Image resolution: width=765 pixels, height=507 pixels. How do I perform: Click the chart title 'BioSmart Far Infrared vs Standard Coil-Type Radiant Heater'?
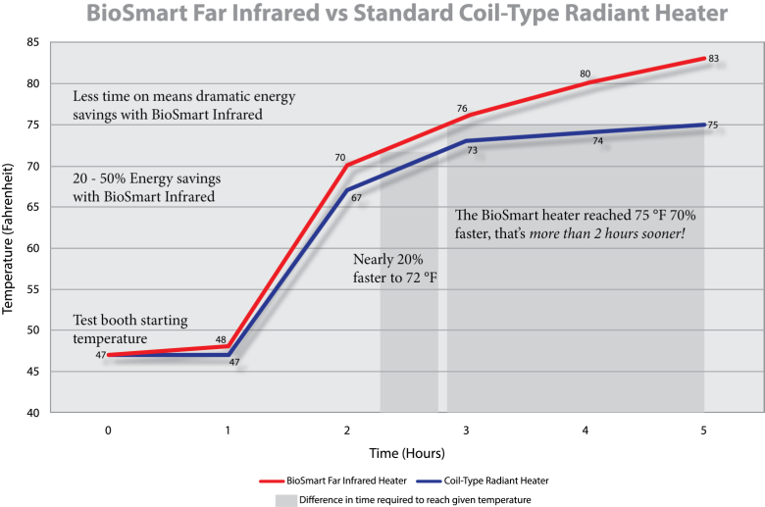tap(407, 15)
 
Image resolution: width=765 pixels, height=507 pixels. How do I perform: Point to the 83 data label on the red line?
tap(714, 59)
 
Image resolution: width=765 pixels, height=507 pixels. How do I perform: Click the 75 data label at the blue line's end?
tap(713, 125)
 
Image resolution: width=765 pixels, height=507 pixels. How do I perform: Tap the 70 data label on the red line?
tap(340, 157)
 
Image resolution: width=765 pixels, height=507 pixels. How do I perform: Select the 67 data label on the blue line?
tap(356, 198)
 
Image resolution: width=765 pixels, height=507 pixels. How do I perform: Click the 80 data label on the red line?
tap(585, 74)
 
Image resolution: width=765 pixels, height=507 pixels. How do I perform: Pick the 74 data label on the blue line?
tap(597, 141)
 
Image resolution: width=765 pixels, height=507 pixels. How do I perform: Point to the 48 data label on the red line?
tap(221, 340)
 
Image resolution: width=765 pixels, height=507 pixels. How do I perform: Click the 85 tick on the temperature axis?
tap(32, 43)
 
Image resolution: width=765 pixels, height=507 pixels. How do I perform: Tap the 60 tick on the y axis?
tap(32, 248)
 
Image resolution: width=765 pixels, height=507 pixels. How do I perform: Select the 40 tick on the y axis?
tap(32, 413)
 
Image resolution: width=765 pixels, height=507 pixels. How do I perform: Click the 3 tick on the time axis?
tap(466, 431)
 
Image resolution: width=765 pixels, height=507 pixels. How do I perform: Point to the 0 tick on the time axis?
tap(108, 431)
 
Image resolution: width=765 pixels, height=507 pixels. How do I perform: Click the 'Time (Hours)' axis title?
tap(407, 453)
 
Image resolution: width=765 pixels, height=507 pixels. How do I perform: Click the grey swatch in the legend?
tap(284, 499)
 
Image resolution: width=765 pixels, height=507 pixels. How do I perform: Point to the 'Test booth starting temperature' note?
tap(129, 330)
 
